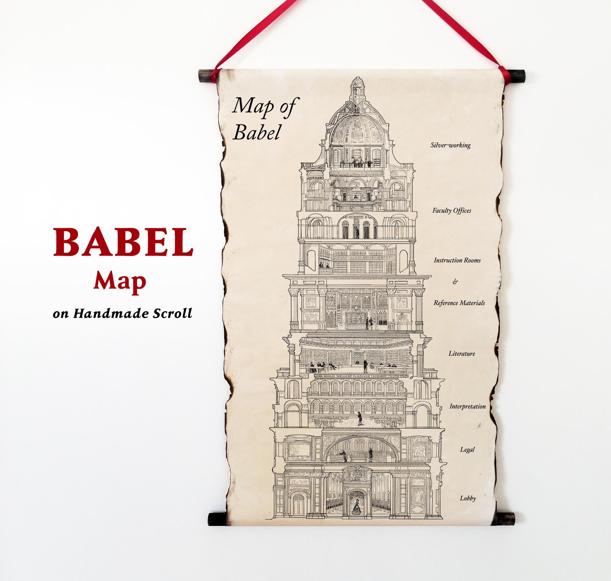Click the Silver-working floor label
pyautogui.click(x=450, y=145)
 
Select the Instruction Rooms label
pyautogui.click(x=457, y=260)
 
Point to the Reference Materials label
pyautogui.click(x=459, y=303)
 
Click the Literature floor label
pyautogui.click(x=462, y=353)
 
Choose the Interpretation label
pyautogui.click(x=467, y=406)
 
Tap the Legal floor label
pyautogui.click(x=467, y=449)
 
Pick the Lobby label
pyautogui.click(x=468, y=498)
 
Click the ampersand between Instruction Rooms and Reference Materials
pyautogui.click(x=455, y=282)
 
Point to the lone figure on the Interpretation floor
pyautogui.click(x=359, y=418)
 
